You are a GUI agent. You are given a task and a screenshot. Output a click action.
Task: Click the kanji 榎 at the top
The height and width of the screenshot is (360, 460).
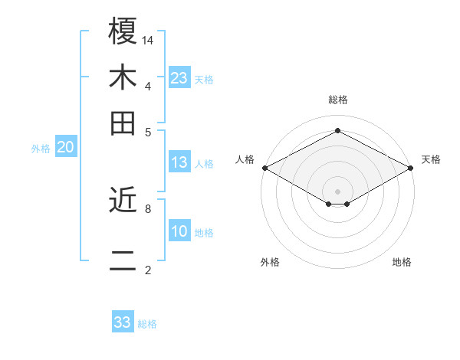[123, 31]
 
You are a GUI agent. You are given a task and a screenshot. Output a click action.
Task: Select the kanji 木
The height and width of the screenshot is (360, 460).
[123, 79]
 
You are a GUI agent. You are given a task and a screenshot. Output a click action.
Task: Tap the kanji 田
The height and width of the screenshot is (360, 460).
[123, 123]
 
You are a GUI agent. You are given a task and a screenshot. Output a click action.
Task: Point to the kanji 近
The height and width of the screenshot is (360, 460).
[123, 201]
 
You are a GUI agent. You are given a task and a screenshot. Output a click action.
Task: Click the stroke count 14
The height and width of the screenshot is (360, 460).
[149, 39]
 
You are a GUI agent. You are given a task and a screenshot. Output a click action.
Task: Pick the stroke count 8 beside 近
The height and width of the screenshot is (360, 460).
[148, 208]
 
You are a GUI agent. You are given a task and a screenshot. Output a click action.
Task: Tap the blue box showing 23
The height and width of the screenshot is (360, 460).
[179, 78]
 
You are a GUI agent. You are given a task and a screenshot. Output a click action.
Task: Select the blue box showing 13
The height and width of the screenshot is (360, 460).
[179, 162]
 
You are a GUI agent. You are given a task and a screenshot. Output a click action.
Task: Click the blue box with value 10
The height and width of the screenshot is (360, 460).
[179, 231]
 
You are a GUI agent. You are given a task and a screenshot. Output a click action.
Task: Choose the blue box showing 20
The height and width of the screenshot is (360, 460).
[65, 148]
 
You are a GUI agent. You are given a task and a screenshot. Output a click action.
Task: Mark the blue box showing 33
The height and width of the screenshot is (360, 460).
[122, 322]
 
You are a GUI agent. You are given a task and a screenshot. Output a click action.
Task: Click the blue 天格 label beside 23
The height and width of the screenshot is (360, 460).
[204, 79]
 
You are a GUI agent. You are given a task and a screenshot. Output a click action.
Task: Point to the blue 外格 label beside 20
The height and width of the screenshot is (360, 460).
[41, 149]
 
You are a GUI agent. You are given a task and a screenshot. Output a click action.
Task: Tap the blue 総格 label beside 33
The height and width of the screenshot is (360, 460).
[147, 324]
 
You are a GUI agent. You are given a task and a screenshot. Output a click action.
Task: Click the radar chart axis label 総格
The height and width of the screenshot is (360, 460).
[337, 100]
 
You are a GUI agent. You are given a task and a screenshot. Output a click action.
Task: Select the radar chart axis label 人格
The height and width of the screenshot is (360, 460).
[245, 159]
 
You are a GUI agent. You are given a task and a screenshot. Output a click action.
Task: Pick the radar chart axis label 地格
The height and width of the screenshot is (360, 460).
[402, 262]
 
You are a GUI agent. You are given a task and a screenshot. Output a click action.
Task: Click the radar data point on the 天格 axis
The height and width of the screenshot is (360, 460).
[411, 168]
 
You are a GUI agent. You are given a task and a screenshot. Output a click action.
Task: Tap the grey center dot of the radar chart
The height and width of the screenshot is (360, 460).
[337, 190]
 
